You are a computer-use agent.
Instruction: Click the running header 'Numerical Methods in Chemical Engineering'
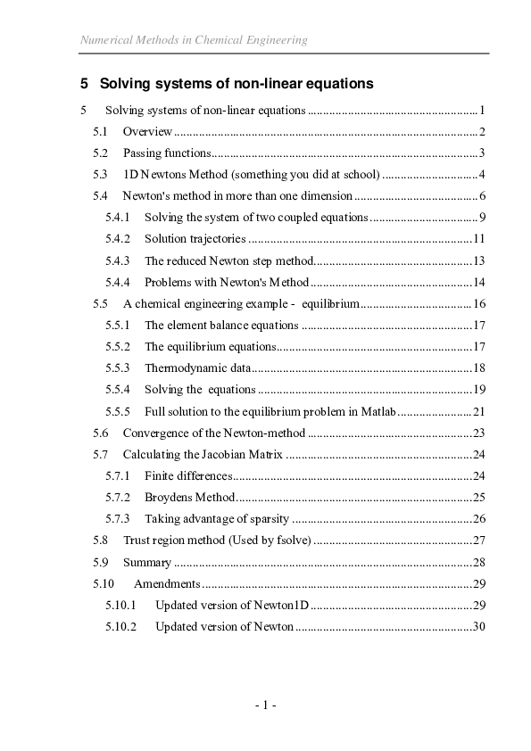coord(194,40)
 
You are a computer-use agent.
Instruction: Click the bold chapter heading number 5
coord(84,84)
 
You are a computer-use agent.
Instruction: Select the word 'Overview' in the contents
coord(148,132)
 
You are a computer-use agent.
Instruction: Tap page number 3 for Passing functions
coord(480,153)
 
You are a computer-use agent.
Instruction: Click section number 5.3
coord(101,174)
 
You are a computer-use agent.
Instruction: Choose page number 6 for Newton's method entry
coord(480,195)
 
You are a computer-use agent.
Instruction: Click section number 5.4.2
coord(118,239)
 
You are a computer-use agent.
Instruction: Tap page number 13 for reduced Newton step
coord(477,260)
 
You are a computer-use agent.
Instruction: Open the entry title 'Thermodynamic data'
coord(197,368)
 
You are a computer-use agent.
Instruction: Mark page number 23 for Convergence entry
coord(477,433)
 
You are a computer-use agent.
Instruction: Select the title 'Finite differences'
coord(188,476)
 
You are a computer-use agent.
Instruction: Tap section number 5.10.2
coord(120,627)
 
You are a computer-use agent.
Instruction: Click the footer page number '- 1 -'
coord(265,706)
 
